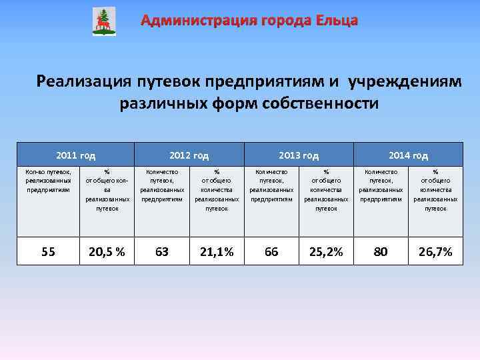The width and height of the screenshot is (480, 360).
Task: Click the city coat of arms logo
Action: tap(103, 21)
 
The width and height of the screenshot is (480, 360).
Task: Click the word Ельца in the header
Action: tap(335, 21)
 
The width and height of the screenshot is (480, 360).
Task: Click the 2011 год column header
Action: tap(76, 155)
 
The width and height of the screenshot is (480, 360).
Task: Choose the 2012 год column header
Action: tap(189, 155)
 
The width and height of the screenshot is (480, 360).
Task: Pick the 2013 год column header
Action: tap(299, 155)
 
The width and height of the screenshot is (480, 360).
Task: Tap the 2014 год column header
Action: tap(408, 155)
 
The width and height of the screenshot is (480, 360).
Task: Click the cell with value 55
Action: tap(48, 252)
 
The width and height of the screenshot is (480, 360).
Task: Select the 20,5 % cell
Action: tap(107, 252)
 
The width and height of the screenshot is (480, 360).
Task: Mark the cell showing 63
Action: tap(162, 252)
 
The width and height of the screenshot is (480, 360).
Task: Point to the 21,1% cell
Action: tap(217, 252)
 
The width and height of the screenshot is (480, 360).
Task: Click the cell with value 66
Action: tap(271, 252)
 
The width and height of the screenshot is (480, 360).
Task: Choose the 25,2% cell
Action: tap(326, 252)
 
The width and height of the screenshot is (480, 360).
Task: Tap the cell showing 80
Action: tap(381, 252)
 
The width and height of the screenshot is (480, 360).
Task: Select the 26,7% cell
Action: tap(435, 252)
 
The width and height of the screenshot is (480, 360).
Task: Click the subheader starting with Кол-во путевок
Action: tap(48, 180)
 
